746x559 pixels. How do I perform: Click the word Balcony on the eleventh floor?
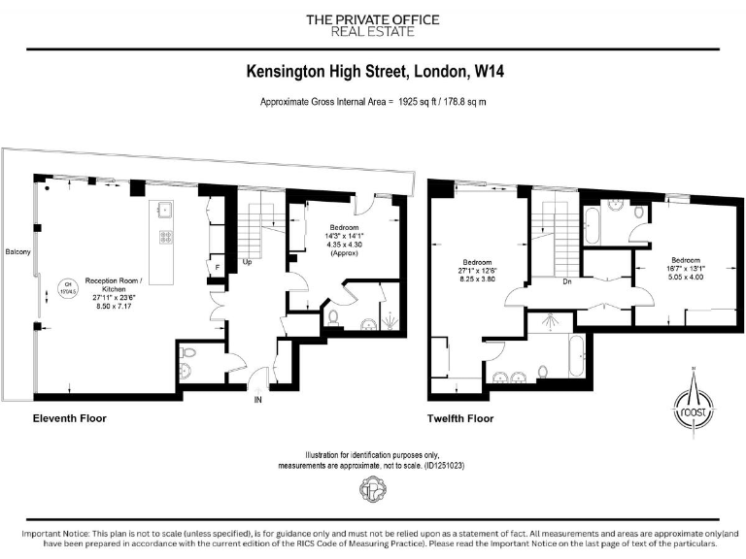pos(17,253)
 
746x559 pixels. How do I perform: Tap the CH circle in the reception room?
pos(68,286)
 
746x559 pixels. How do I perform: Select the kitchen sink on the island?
pos(163,209)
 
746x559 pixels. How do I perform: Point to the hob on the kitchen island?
pos(165,236)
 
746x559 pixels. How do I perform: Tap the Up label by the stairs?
pos(248,262)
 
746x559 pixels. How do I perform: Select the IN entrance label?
pos(257,399)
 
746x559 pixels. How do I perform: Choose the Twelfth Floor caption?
pos(459,418)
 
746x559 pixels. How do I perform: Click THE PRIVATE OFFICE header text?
pos(372,19)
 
